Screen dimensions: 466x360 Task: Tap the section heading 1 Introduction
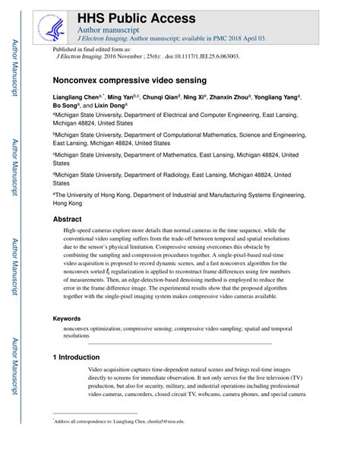click(77, 357)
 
